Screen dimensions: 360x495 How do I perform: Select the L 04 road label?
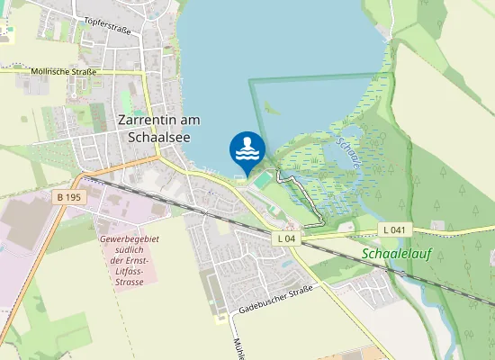(286, 238)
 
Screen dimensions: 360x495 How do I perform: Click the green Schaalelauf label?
(397, 254)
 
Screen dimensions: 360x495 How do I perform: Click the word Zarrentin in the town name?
(148, 120)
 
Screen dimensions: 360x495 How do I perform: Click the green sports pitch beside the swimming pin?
(262, 181)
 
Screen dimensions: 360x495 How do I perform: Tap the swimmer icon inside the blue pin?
(247, 148)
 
